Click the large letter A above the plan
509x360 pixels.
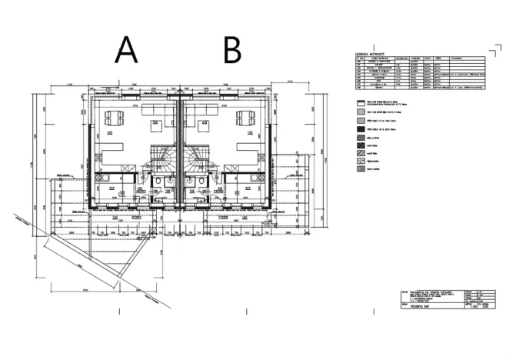pyautogui.click(x=126, y=50)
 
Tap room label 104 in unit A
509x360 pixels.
pyautogui.click(x=155, y=122)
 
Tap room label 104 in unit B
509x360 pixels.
pyautogui.click(x=205, y=122)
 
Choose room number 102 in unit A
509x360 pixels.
pyautogui.click(x=112, y=188)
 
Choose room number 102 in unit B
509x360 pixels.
pyautogui.click(x=248, y=188)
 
